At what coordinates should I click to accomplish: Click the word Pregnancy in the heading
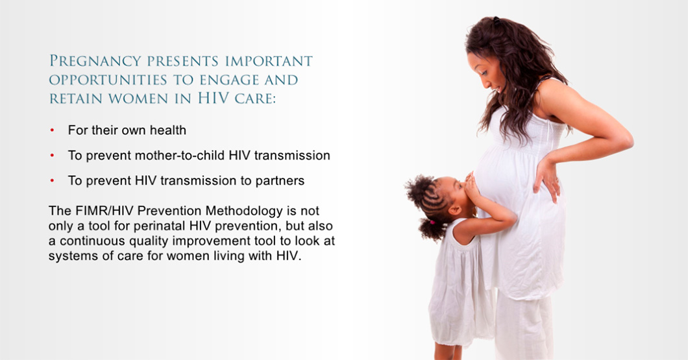click(x=95, y=61)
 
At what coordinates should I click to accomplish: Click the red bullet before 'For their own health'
click(x=52, y=130)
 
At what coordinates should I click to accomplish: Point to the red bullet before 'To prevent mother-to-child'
click(x=52, y=155)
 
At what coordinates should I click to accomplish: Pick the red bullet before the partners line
click(x=52, y=180)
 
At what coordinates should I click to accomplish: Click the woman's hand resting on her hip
click(x=547, y=178)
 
